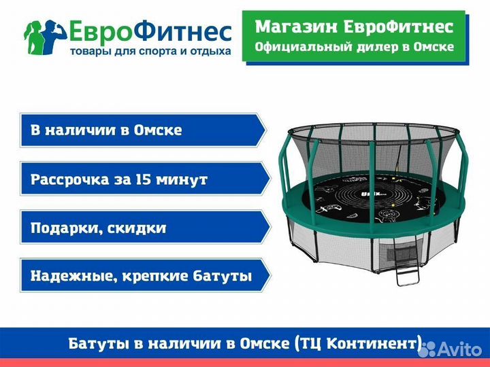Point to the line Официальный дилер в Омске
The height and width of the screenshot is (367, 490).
pyautogui.click(x=353, y=47)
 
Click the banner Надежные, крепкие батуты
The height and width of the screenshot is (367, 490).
pyautogui.click(x=140, y=276)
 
